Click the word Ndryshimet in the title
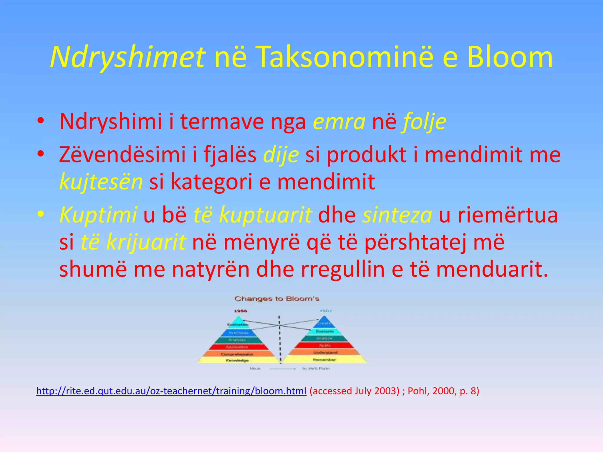[x=127, y=57]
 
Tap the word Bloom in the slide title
[x=510, y=57]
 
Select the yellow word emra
[x=339, y=122]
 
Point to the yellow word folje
[x=425, y=122]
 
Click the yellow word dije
[x=281, y=155]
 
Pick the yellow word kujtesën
[x=101, y=182]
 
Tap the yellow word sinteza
[x=397, y=215]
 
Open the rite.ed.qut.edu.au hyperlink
[x=171, y=391]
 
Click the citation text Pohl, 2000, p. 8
[x=443, y=391]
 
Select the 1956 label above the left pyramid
[x=241, y=311]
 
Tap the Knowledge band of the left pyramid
[x=237, y=360]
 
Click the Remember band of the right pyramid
[x=324, y=360]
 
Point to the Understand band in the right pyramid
[x=325, y=352]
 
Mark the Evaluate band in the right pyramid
[x=325, y=331]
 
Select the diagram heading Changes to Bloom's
[x=277, y=299]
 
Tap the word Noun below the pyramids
[x=255, y=368]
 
